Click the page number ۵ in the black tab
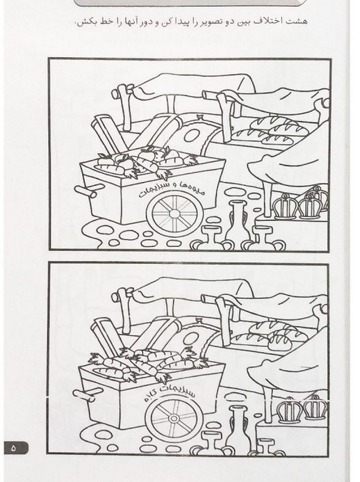[x=13, y=448]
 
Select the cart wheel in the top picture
[x=174, y=213]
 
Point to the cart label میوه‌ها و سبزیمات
[x=171, y=188]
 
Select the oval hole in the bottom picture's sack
[x=192, y=338]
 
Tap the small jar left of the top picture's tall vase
[x=210, y=239]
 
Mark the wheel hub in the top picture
[x=174, y=214]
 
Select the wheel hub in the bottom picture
[x=174, y=419]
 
